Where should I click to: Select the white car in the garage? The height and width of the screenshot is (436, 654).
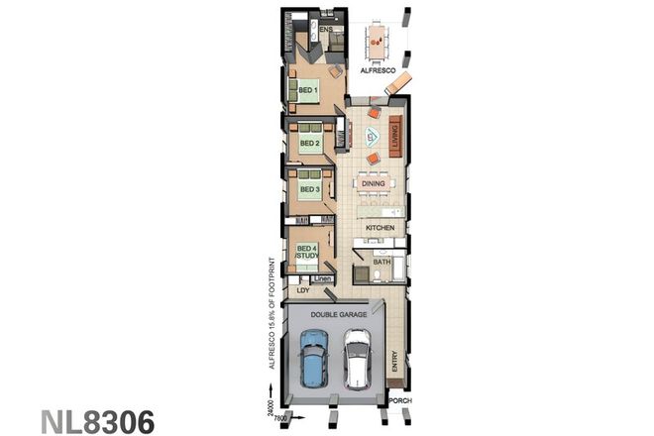[356, 359]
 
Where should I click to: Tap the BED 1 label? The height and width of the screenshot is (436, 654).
[307, 91]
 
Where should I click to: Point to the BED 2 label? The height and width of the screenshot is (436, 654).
[308, 143]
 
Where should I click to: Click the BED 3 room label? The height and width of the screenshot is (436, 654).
[308, 188]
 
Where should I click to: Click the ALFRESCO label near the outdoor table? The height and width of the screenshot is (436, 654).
[378, 72]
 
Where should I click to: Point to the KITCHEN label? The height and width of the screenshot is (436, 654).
[380, 228]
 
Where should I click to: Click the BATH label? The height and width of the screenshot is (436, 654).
[381, 262]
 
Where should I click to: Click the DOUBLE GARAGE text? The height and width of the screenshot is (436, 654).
[339, 313]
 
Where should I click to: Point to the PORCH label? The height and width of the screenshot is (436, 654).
[400, 401]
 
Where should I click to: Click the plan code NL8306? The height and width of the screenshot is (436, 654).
[97, 419]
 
